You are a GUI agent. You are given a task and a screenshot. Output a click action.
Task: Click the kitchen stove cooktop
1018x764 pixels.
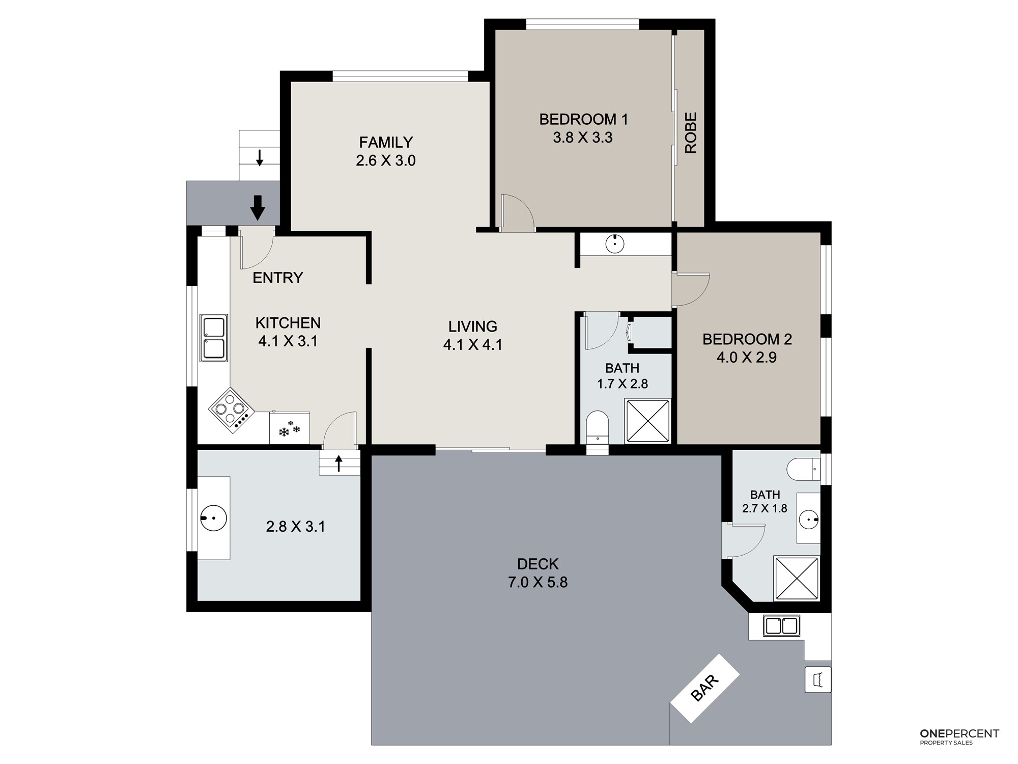(231, 411)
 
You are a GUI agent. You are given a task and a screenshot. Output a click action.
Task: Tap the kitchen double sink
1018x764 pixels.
(214, 338)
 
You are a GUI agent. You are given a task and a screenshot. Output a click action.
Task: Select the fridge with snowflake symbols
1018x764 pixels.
(289, 428)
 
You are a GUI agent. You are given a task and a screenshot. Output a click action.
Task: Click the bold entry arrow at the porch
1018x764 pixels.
(258, 208)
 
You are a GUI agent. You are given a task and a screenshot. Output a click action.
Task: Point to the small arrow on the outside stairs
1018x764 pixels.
(260, 158)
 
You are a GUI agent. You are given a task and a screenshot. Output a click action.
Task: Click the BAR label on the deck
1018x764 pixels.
(705, 688)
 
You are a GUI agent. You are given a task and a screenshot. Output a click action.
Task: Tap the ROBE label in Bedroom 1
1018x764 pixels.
(691, 133)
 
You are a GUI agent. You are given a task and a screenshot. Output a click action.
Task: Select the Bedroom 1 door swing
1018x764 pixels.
(517, 213)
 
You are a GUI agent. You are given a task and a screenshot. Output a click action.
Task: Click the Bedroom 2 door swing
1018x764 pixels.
(690, 289)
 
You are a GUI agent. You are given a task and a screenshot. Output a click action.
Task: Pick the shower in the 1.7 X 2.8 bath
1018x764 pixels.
(648, 421)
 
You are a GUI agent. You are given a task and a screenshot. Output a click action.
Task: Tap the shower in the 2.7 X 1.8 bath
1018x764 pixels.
(797, 579)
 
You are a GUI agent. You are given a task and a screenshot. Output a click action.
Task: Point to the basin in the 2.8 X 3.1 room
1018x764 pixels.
(214, 518)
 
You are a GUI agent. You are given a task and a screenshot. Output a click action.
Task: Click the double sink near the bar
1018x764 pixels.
(781, 626)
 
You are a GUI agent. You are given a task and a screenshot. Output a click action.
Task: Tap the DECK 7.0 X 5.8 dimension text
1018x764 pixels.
(538, 582)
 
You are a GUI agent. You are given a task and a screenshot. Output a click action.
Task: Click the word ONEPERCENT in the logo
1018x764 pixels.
(959, 733)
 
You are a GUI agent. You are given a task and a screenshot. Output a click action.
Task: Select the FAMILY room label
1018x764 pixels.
(386, 142)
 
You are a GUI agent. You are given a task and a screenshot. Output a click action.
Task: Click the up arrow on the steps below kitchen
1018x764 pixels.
(338, 463)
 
